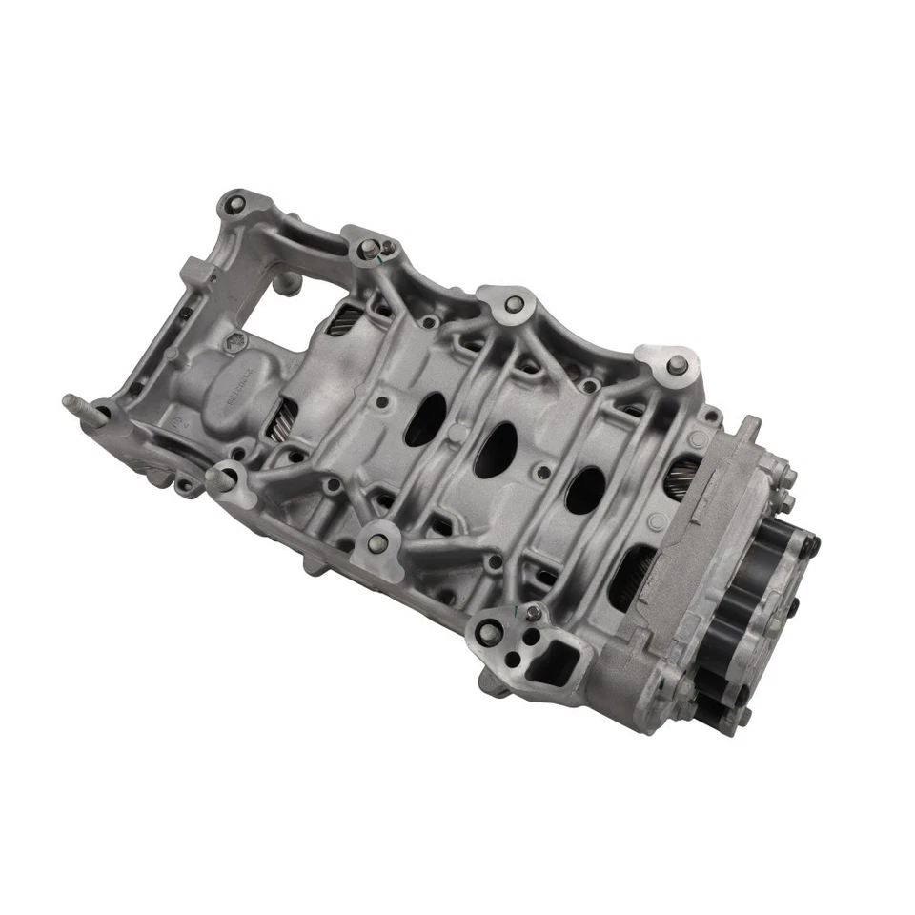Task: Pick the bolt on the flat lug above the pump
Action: [x=676, y=363]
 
